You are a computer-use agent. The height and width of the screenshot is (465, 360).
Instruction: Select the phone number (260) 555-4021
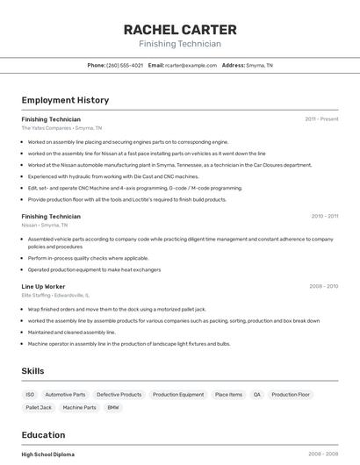coord(125,65)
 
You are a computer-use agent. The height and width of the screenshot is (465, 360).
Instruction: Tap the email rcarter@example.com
coord(191,65)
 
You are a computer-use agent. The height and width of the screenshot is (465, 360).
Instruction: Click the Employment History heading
coord(65,100)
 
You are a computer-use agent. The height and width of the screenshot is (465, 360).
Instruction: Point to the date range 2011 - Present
coord(321,118)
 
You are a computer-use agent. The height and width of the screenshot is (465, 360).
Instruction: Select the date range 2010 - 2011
coord(324,216)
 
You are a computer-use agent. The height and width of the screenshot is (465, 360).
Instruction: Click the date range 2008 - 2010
coord(324,286)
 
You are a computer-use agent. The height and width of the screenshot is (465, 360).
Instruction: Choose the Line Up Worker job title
coord(44,286)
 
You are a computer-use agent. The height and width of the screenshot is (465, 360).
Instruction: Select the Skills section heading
coord(33,371)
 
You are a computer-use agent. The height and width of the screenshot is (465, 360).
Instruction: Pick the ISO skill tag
coord(30,395)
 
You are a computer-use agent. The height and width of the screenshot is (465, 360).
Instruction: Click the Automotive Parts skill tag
coord(65,395)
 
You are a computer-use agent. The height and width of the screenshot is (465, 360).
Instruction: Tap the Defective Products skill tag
coord(119,395)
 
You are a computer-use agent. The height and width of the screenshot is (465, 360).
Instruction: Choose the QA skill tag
coord(256,395)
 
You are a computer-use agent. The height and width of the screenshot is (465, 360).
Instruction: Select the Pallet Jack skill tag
coord(39,407)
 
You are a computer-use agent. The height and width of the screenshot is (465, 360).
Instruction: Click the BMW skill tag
coord(112,407)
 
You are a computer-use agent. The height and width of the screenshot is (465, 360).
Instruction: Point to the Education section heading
coord(43,435)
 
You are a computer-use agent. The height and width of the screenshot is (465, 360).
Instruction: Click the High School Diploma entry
coord(48,454)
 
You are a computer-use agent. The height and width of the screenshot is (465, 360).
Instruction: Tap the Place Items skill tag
coord(228,395)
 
